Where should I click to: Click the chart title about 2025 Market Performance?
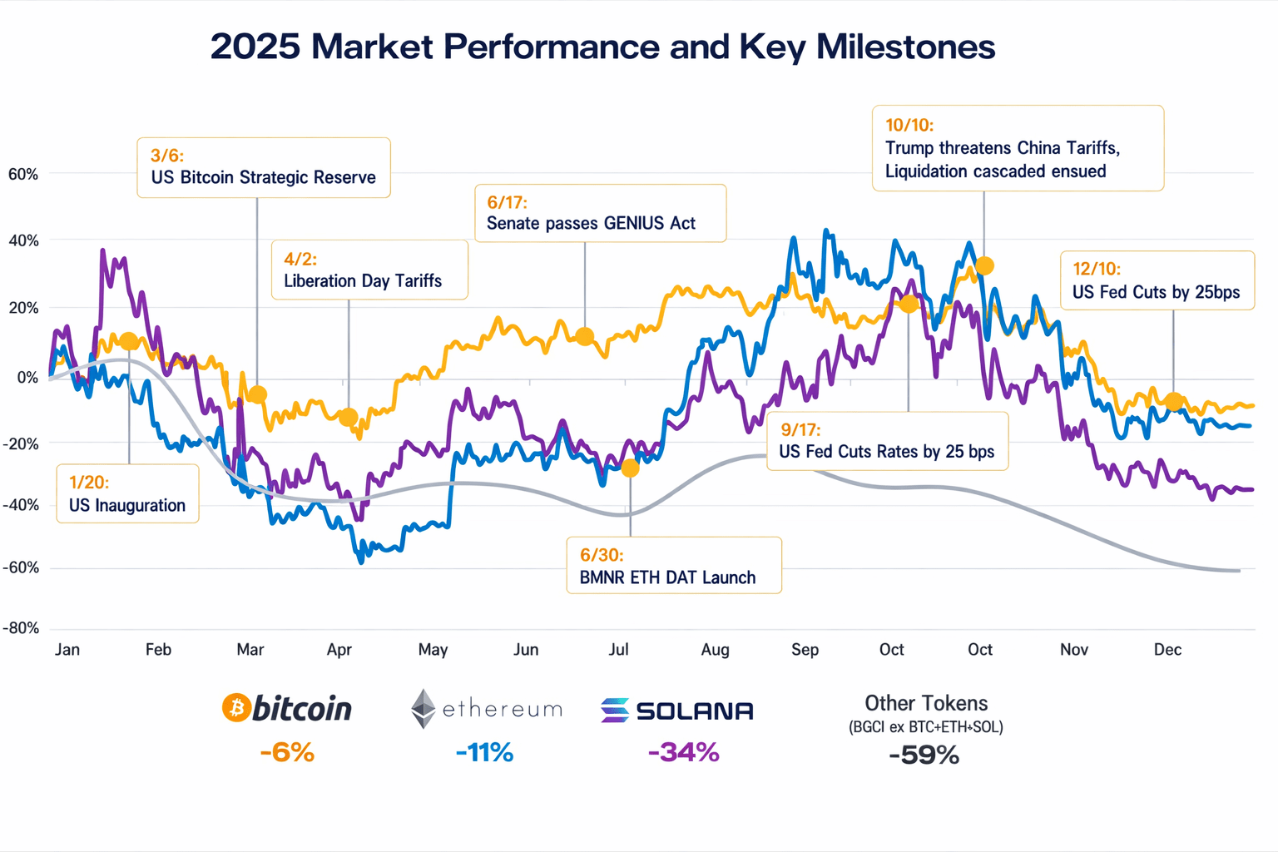(602, 47)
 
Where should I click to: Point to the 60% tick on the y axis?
(23, 174)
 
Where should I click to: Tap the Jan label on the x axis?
(67, 650)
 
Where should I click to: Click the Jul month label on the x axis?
(618, 650)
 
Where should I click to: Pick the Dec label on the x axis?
(1167, 650)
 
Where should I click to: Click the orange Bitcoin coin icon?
(236, 708)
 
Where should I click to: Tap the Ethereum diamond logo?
(424, 709)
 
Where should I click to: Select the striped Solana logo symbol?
(615, 711)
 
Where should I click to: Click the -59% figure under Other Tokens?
(924, 755)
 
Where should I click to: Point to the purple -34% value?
(683, 753)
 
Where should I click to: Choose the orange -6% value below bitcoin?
(287, 753)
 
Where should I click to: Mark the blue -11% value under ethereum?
(484, 753)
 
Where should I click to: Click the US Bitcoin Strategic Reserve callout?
(263, 177)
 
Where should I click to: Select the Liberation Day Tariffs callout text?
(363, 281)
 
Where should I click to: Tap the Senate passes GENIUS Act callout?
(591, 223)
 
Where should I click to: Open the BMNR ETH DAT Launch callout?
(667, 577)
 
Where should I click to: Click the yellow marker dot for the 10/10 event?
(984, 266)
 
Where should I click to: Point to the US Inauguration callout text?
(126, 505)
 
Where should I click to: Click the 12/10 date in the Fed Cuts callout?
(1096, 269)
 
